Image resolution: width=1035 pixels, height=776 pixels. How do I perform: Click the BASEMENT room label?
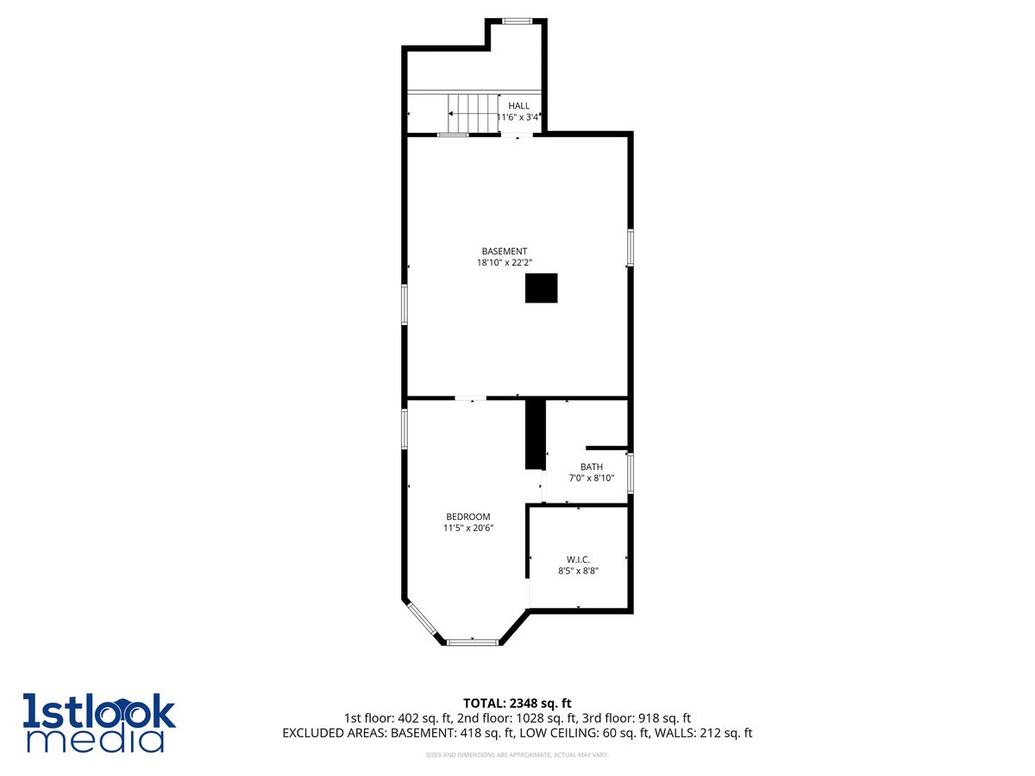pyautogui.click(x=505, y=252)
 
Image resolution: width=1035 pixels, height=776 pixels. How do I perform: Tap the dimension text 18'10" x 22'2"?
pyautogui.click(x=505, y=264)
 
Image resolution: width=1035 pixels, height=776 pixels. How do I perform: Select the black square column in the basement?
pyautogui.click(x=542, y=288)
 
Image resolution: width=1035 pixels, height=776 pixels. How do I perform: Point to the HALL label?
pyautogui.click(x=518, y=106)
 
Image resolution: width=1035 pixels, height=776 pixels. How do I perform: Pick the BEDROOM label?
pyautogui.click(x=468, y=517)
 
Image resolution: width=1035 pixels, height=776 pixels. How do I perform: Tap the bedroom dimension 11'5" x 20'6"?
pyautogui.click(x=468, y=529)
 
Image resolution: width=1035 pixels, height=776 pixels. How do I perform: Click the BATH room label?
pyautogui.click(x=592, y=467)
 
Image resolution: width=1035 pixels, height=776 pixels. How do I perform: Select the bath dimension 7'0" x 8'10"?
pyautogui.click(x=592, y=479)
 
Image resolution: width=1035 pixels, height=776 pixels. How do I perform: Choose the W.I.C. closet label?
pyautogui.click(x=578, y=560)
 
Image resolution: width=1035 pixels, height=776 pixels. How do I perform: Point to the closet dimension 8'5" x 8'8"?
pyautogui.click(x=578, y=571)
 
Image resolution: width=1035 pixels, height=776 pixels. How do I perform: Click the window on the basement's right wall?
pyautogui.click(x=630, y=247)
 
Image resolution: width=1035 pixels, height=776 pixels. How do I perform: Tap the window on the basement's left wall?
pyautogui.click(x=404, y=304)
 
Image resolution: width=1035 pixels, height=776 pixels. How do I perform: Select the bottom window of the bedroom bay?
pyautogui.click(x=473, y=641)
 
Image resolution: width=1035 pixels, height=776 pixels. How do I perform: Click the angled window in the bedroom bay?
pyautogui.click(x=422, y=619)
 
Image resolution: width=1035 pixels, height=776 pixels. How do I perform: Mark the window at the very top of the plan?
pyautogui.click(x=517, y=21)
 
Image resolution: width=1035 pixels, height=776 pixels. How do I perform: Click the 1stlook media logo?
pyautogui.click(x=99, y=723)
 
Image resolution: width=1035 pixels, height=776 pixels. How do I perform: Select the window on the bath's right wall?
pyautogui.click(x=630, y=473)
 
